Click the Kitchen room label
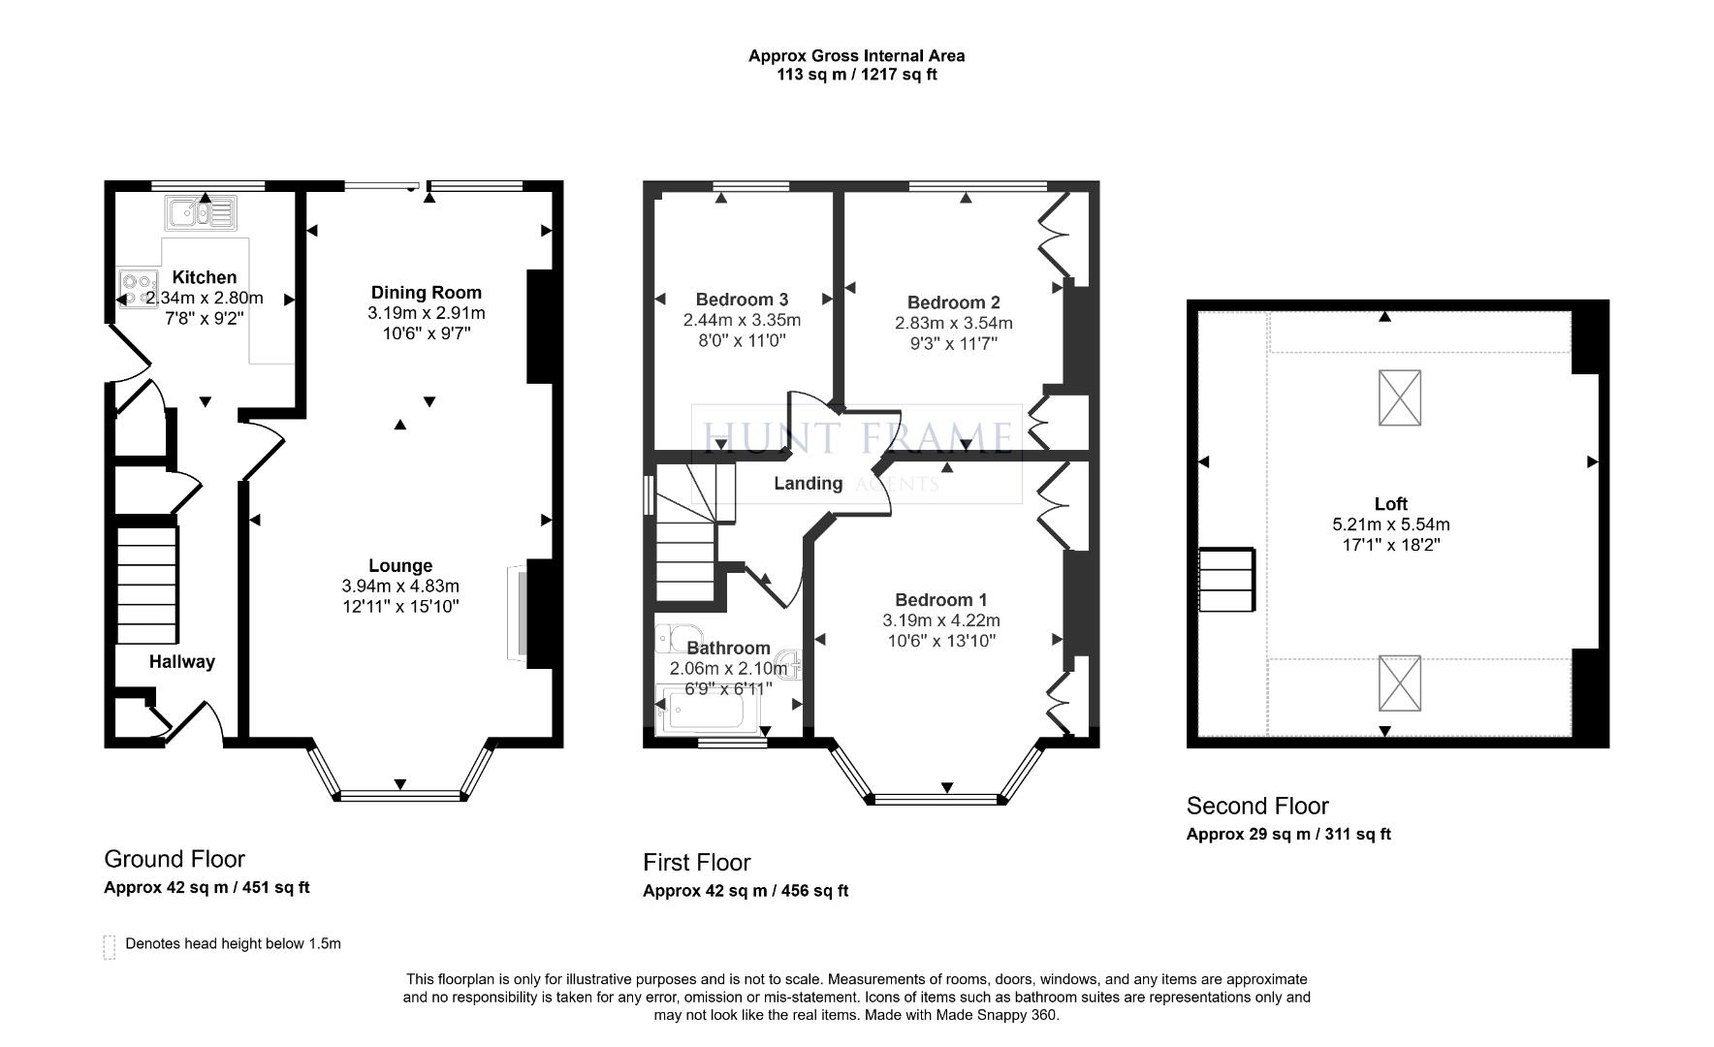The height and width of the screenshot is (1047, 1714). click(205, 277)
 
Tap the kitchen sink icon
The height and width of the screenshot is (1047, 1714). click(201, 212)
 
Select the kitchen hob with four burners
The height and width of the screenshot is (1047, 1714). click(137, 288)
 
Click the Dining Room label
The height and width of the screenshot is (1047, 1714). click(427, 292)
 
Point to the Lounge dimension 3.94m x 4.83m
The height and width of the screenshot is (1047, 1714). click(400, 586)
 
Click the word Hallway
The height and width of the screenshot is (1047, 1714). click(182, 661)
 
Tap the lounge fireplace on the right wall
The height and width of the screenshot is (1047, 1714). click(518, 614)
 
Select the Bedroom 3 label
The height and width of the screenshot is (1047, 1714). click(742, 300)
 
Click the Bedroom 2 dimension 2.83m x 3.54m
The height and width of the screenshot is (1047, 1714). click(954, 323)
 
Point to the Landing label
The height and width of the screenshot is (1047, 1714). click(808, 483)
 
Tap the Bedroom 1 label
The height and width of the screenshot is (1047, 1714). click(941, 599)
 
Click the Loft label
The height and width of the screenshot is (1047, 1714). click(1391, 503)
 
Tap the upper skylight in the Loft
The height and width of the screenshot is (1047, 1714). click(1400, 397)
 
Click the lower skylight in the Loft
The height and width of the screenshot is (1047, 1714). click(1400, 682)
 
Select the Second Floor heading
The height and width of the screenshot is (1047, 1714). click(1257, 806)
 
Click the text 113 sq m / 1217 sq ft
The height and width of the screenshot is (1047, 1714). click(857, 75)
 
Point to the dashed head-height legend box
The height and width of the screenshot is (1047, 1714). click(110, 947)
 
